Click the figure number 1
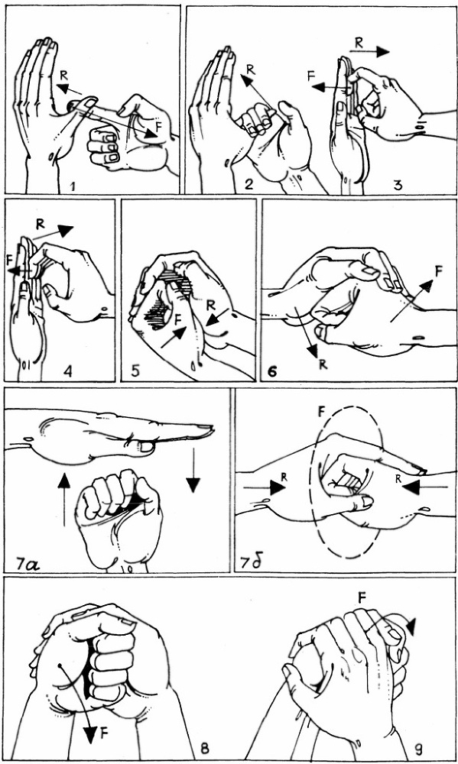(72, 185)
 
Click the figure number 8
(206, 748)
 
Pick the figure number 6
(272, 371)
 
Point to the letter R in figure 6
(323, 364)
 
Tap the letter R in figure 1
(63, 75)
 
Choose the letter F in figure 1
(157, 125)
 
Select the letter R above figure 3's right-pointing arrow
(359, 42)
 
